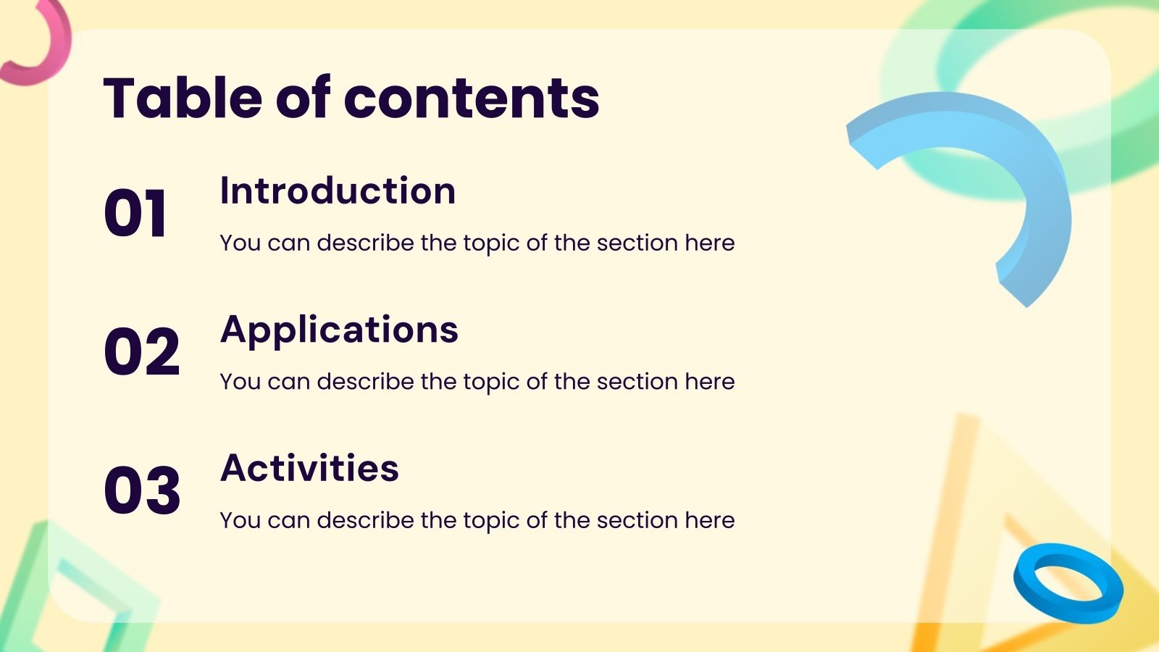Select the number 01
click(x=135, y=213)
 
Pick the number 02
click(x=141, y=352)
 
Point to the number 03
click(x=141, y=491)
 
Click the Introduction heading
click(x=338, y=191)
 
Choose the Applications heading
click(x=339, y=330)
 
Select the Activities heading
click(x=309, y=468)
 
